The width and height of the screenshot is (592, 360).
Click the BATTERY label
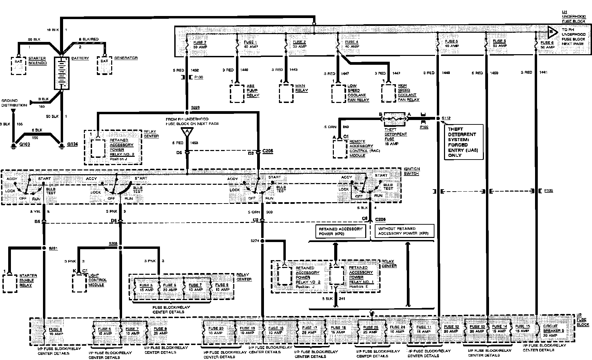pos(80,58)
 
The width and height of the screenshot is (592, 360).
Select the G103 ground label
pos(25,144)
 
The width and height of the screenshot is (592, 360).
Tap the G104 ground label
pos(73,144)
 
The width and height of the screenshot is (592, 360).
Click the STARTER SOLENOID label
pos(38,61)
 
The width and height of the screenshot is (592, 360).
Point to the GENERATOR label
pos(126,58)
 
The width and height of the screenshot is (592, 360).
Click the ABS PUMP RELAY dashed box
pos(237,93)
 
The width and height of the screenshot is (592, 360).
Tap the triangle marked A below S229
pos(187,132)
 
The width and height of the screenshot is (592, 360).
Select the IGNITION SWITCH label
pos(412,171)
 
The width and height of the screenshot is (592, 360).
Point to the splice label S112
pos(446,118)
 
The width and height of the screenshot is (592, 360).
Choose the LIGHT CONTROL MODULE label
pos(98,280)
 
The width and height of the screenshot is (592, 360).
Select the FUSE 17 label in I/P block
pos(309,330)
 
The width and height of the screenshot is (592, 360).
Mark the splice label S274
pos(254,241)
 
